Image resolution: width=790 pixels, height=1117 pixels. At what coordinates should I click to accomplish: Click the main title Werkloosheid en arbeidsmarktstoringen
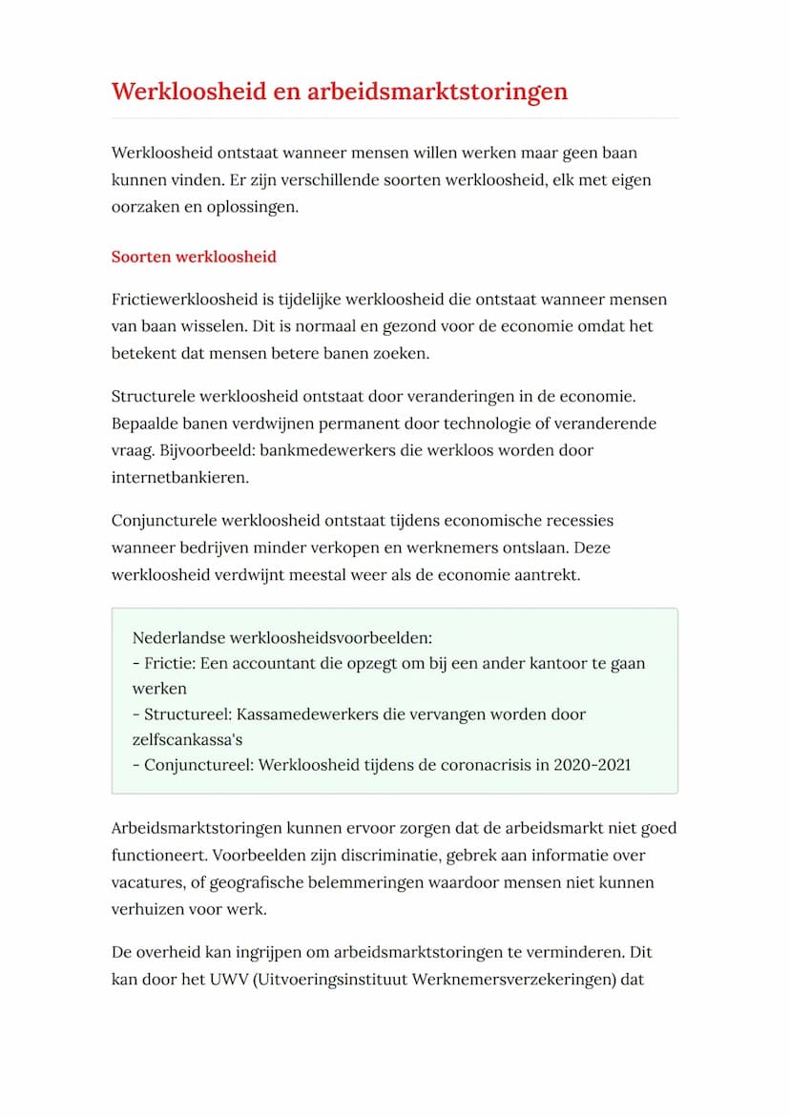(x=339, y=92)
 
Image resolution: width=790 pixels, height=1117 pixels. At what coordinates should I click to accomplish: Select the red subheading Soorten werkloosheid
(x=194, y=257)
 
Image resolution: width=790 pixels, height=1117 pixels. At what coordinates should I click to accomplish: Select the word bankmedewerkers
(x=295, y=449)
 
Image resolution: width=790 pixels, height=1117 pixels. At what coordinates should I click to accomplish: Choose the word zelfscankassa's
(x=188, y=738)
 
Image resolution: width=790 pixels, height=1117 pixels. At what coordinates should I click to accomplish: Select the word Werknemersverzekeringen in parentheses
(x=528, y=979)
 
